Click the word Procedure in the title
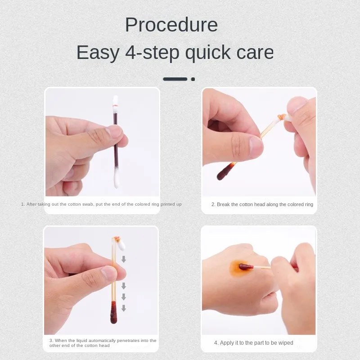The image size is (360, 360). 171,25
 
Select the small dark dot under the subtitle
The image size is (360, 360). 193,79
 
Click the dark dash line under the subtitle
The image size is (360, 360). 175,79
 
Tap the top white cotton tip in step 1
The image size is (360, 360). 116,104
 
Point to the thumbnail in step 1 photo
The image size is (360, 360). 113,131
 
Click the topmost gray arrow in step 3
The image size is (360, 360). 123,259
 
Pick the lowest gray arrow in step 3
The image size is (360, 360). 123,308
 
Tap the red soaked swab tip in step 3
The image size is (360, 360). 114,315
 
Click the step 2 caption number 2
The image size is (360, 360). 213,204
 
